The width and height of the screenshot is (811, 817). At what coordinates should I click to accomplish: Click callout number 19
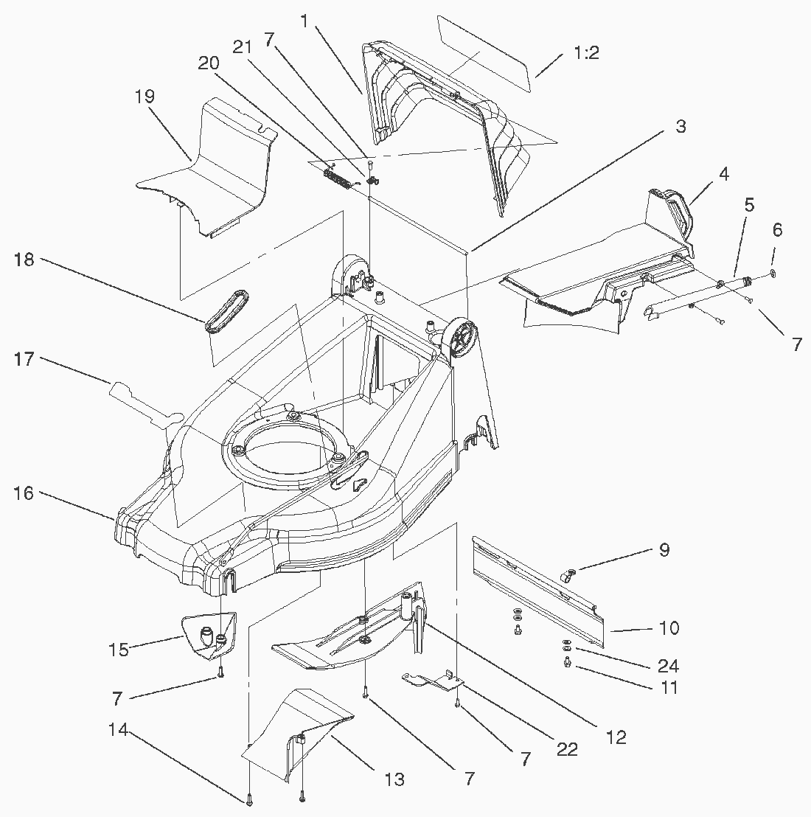coord(145,97)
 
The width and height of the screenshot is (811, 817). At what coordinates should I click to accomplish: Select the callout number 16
coord(24,493)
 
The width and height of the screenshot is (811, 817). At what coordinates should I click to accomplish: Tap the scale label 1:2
coord(585,53)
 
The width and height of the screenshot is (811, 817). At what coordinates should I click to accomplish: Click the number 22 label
coord(567,749)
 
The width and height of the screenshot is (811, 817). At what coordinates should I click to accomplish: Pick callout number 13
coord(394,779)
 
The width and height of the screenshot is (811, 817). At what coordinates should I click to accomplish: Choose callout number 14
coord(118,730)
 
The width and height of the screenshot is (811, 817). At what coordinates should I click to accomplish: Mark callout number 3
coord(680,126)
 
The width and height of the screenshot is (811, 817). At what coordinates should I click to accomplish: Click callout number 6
coord(777,229)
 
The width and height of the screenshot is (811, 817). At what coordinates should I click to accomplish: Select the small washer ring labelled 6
coord(771,275)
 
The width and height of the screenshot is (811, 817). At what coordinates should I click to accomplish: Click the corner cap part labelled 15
coord(210,634)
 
